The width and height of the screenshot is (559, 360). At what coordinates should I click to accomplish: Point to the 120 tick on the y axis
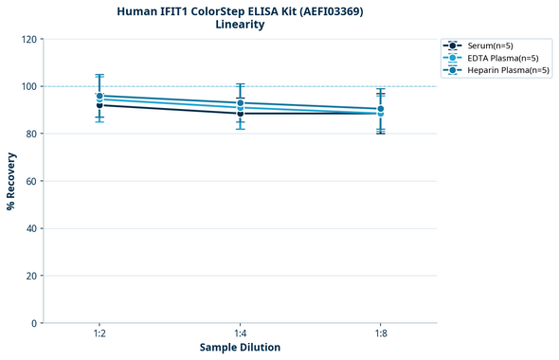(30, 39)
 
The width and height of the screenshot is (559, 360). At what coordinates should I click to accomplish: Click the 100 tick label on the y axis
(30, 86)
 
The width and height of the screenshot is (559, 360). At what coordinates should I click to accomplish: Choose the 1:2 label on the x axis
(99, 334)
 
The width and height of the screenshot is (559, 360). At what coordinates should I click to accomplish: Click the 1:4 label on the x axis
(240, 334)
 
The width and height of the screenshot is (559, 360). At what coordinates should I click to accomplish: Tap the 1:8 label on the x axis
(380, 334)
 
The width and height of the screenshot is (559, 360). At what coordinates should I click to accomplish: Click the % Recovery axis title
(11, 181)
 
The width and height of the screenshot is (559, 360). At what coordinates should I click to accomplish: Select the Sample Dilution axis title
(240, 348)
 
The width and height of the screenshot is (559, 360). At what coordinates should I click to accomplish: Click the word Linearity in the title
(240, 25)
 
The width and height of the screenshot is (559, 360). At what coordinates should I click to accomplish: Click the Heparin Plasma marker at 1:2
(99, 96)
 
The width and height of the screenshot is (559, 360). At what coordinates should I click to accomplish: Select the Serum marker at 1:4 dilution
(240, 114)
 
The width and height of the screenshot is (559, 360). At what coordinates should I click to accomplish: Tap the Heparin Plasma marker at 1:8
(380, 109)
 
